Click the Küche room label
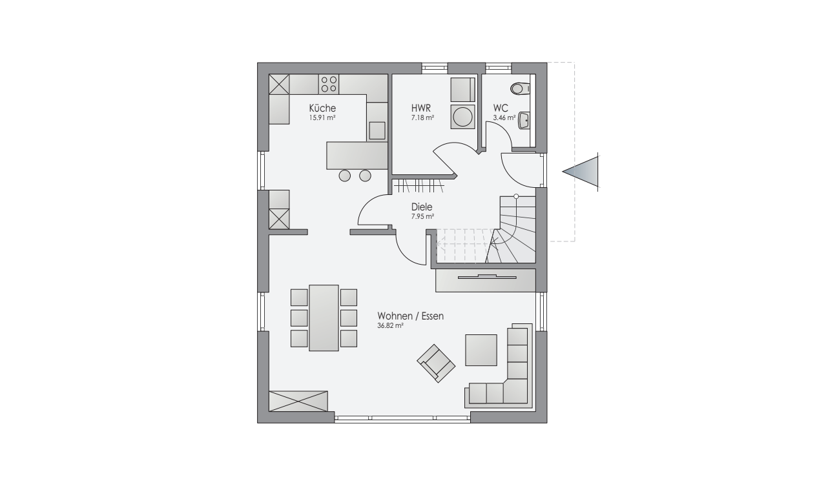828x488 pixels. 322,108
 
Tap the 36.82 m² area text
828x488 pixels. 390,326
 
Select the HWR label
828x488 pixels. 421,108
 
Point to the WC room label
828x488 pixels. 501,108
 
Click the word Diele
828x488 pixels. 422,207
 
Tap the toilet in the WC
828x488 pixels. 520,88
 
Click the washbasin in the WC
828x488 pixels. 524,120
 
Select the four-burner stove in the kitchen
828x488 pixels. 329,84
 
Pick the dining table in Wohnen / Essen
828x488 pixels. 324,318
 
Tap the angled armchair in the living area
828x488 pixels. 436,363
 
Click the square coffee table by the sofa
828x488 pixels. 481,350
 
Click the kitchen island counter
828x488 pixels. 357,156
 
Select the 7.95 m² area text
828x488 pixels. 422,216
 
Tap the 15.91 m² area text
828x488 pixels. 322,118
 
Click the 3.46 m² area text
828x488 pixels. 504,118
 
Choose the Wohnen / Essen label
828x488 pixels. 410,316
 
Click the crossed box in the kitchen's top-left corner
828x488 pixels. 279,85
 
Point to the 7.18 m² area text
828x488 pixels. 422,118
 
